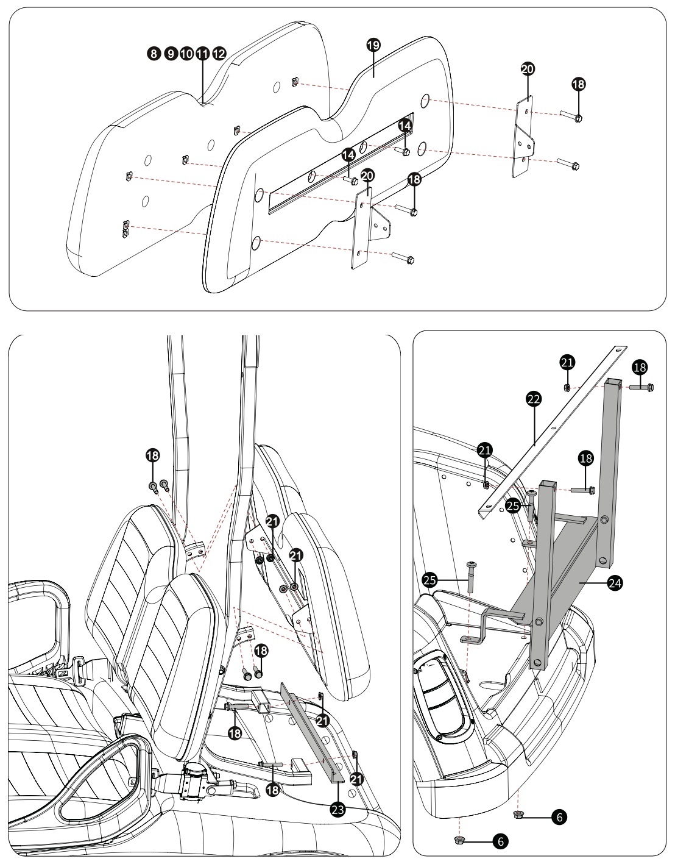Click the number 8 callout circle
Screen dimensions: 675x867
[x=154, y=53]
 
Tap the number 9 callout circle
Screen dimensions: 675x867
[x=171, y=53]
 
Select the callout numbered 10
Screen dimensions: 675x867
[x=186, y=53]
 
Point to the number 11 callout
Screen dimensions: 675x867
[x=202, y=53]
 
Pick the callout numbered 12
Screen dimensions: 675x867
[x=219, y=53]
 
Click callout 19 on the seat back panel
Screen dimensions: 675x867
[x=373, y=45]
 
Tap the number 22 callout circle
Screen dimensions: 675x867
[x=534, y=399]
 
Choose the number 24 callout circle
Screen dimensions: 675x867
[x=615, y=583]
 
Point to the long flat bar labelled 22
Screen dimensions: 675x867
[x=552, y=432]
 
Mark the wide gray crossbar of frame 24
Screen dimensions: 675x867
[x=556, y=580]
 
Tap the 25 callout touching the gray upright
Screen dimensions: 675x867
[x=513, y=506]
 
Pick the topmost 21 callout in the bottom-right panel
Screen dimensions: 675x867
[x=567, y=362]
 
